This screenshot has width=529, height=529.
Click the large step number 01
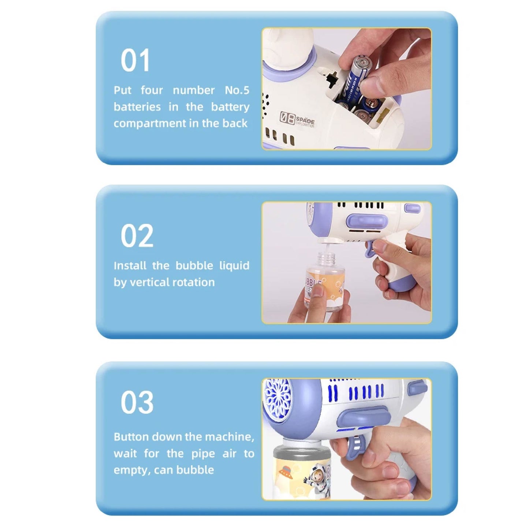(x=135, y=60)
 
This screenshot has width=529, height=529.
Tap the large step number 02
(x=137, y=235)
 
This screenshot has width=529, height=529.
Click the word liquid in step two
(x=234, y=265)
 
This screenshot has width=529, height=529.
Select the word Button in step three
(x=131, y=437)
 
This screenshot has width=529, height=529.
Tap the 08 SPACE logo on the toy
(x=297, y=119)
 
